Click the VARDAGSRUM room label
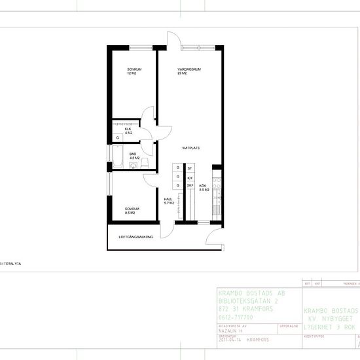click(x=188, y=71)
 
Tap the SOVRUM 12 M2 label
click(x=134, y=71)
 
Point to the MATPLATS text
click(x=190, y=149)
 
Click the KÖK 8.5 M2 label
click(x=203, y=188)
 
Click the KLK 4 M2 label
click(x=129, y=131)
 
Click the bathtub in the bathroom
click(x=117, y=156)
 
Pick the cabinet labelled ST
click(x=190, y=168)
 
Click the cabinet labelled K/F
click(x=190, y=177)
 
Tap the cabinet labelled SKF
click(x=190, y=185)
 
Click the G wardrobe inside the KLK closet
click(x=118, y=138)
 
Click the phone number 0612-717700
click(x=236, y=317)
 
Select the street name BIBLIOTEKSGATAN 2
click(x=249, y=301)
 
